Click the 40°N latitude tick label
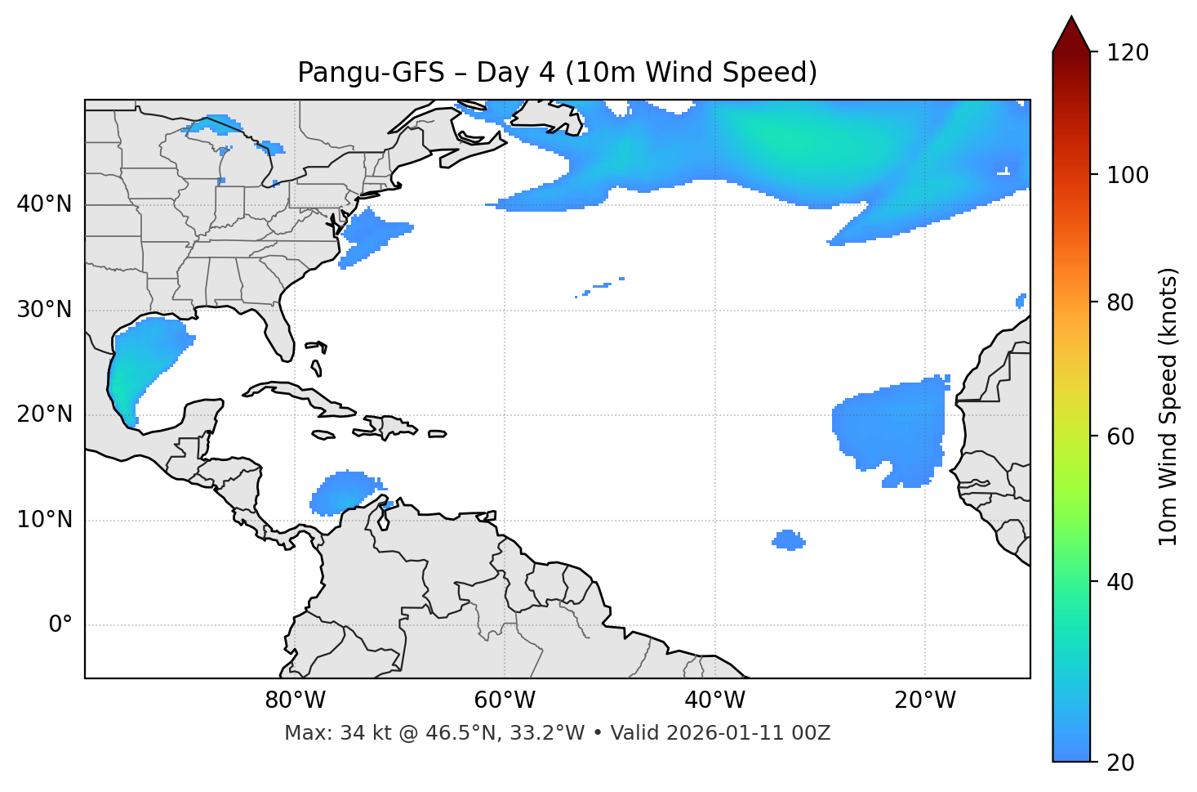(44, 204)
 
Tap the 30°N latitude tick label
(44, 310)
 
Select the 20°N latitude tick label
(44, 414)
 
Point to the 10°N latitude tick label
(44, 520)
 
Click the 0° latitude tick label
(60, 625)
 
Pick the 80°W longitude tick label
(295, 700)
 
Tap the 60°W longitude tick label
(505, 700)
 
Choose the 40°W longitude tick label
(714, 700)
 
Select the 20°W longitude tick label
(925, 700)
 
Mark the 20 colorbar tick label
(1120, 763)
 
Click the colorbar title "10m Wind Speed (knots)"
(1168, 406)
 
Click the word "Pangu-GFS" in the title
(371, 73)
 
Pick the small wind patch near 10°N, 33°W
(788, 539)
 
